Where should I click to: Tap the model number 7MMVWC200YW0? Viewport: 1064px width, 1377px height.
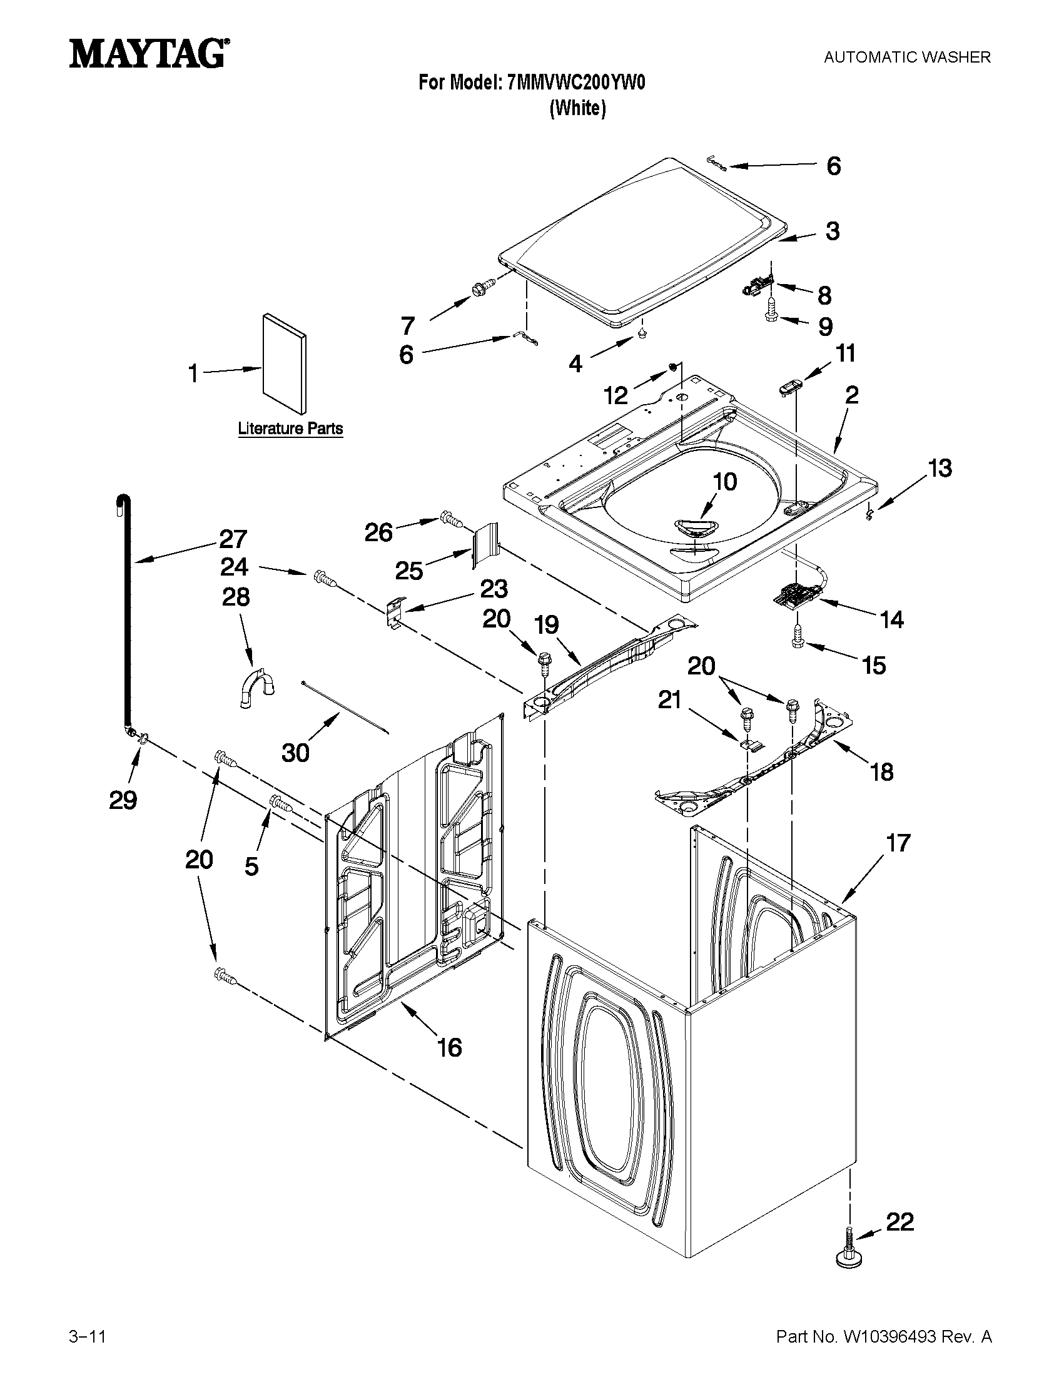576,83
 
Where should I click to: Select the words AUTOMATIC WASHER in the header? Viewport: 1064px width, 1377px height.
907,58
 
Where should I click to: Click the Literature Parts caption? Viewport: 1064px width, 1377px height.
291,429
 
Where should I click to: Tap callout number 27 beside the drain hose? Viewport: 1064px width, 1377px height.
233,539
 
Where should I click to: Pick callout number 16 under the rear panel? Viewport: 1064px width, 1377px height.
449,1048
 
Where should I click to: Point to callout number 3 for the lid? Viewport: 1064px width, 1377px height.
833,231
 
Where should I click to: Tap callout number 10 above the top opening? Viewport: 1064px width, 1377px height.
725,482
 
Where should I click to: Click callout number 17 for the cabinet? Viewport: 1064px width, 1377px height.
898,843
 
